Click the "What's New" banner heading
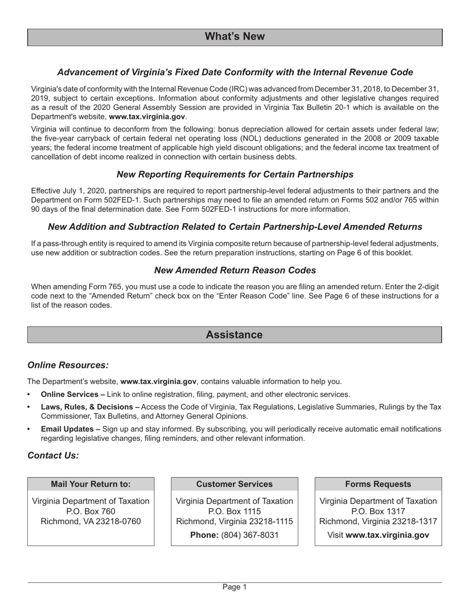click(x=235, y=37)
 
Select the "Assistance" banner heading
click(x=234, y=335)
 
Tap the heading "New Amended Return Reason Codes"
click(x=235, y=270)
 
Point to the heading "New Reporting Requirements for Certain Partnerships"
click(x=235, y=174)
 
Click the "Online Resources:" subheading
click(x=68, y=365)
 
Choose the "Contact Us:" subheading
click(x=53, y=456)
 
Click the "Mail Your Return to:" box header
click(x=91, y=484)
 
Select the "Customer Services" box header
click(x=235, y=484)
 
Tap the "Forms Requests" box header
click(x=378, y=484)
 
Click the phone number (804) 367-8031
click(x=250, y=535)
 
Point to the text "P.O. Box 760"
click(x=91, y=511)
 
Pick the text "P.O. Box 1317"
click(x=378, y=511)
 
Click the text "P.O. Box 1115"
click(x=235, y=511)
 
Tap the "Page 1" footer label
click(x=235, y=587)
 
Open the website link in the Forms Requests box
click(x=387, y=535)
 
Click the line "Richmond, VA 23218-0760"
click(x=91, y=521)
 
